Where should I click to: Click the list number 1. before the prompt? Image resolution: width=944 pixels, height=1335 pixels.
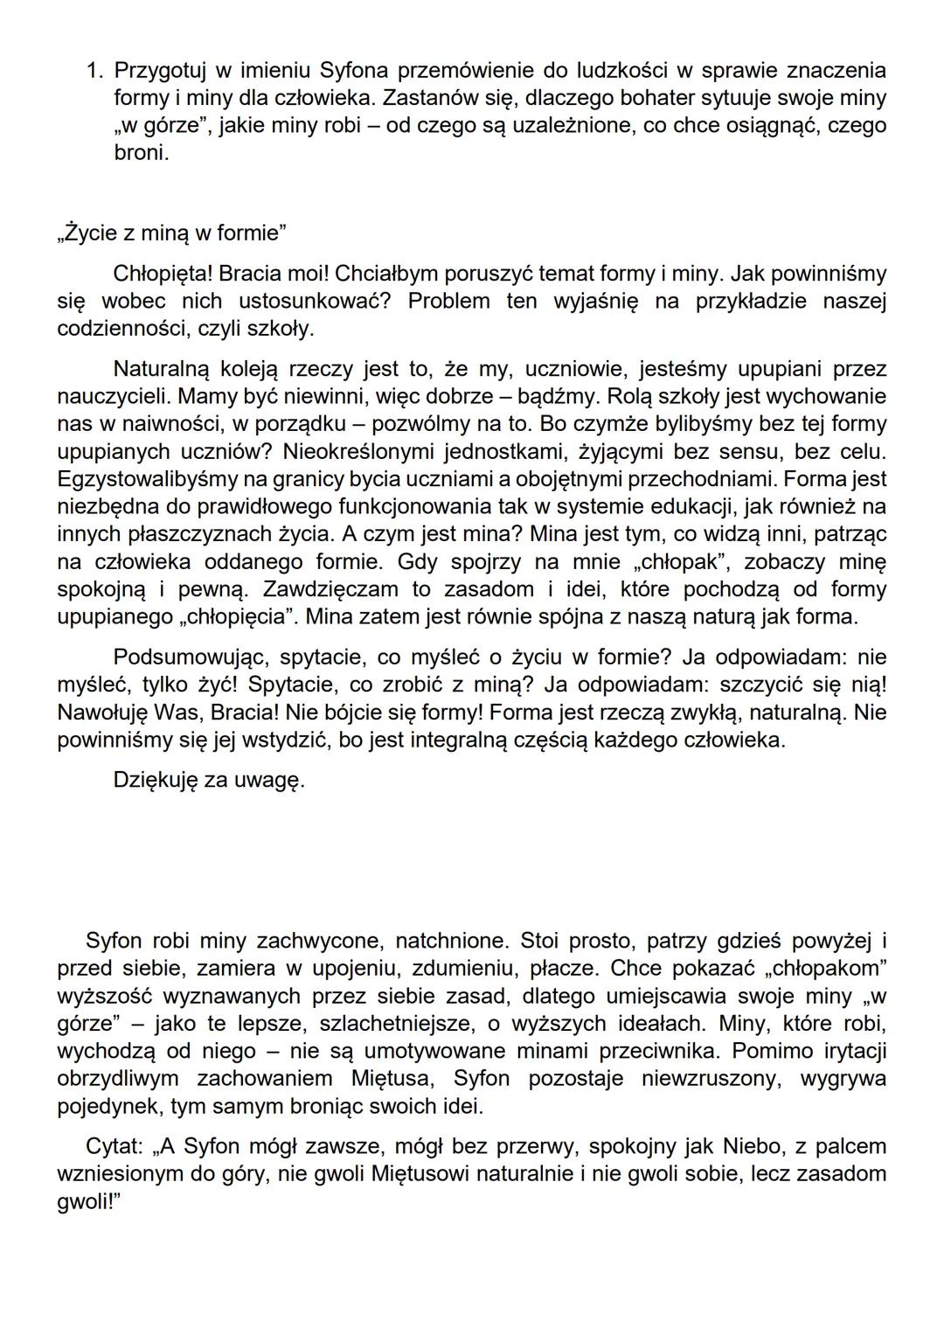(x=95, y=70)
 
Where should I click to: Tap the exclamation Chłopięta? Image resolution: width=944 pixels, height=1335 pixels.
(x=163, y=274)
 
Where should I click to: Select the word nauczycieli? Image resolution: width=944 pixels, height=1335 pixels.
(x=111, y=396)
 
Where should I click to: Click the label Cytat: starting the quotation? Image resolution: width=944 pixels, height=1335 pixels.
(x=115, y=1146)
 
